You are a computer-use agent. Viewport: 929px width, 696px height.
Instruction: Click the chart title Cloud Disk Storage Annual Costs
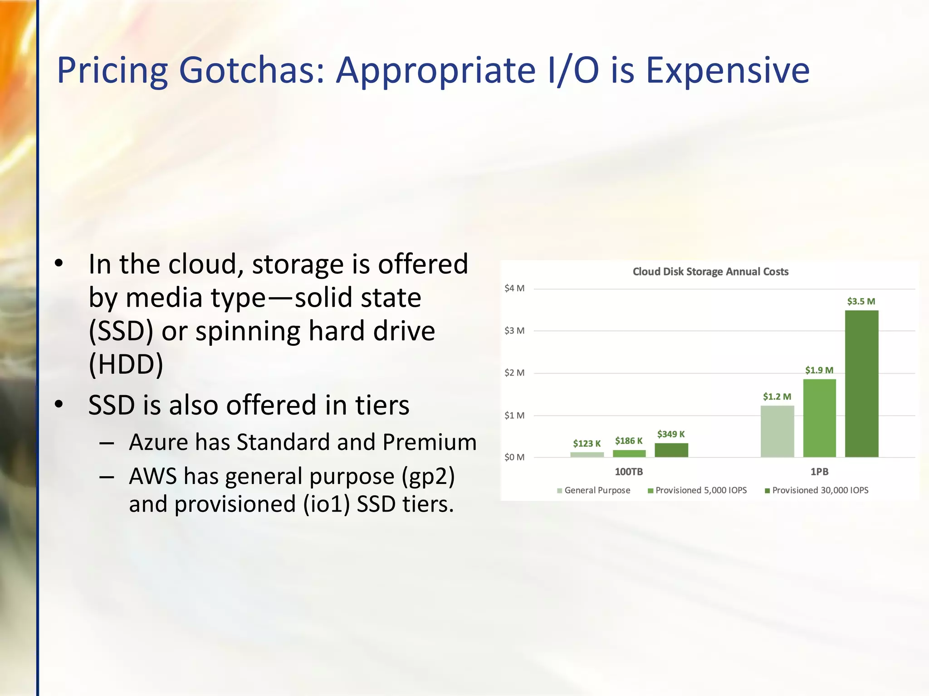[x=710, y=272]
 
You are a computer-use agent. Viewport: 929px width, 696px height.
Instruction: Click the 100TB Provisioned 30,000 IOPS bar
[x=671, y=450]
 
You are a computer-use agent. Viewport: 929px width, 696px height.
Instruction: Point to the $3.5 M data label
[x=861, y=301]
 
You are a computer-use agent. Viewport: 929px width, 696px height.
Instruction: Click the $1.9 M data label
[x=819, y=370]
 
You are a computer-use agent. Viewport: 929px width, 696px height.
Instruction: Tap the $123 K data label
[x=587, y=443]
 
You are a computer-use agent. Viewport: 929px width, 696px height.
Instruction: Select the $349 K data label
[x=671, y=434]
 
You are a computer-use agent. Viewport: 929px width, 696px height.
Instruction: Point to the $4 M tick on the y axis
[x=514, y=288]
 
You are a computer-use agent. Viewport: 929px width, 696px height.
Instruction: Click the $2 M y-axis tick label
[x=514, y=373]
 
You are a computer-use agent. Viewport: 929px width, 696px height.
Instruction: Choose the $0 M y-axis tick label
[x=514, y=457]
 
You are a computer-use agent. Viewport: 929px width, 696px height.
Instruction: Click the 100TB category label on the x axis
[x=629, y=472]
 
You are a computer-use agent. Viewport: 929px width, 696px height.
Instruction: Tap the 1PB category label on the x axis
[x=819, y=472]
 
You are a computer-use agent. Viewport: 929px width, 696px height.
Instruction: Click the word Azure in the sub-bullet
[x=158, y=442]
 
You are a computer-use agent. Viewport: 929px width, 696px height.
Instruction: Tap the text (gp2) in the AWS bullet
[x=428, y=476]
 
